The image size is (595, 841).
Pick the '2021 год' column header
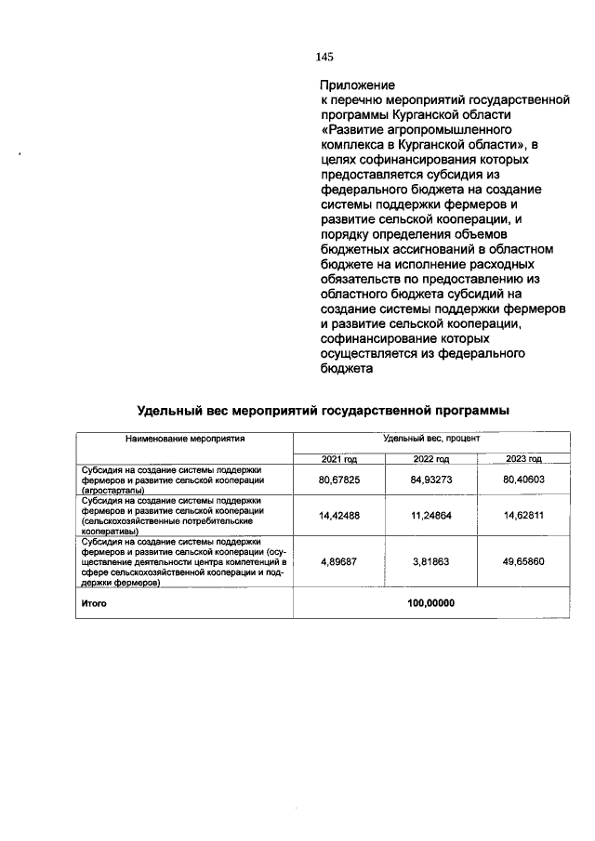(x=339, y=459)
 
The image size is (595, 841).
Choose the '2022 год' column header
(x=430, y=459)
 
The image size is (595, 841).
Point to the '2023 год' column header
(x=523, y=459)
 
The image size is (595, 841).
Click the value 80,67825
(x=339, y=480)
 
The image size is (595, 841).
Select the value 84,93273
(x=430, y=480)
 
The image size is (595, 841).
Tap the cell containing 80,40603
(x=523, y=480)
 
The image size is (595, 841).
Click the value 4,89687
(x=339, y=562)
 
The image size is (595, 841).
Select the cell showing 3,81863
(x=430, y=562)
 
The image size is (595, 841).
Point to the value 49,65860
(x=523, y=562)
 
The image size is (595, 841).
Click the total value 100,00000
(x=430, y=602)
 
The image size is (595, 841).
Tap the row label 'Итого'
(x=93, y=603)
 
